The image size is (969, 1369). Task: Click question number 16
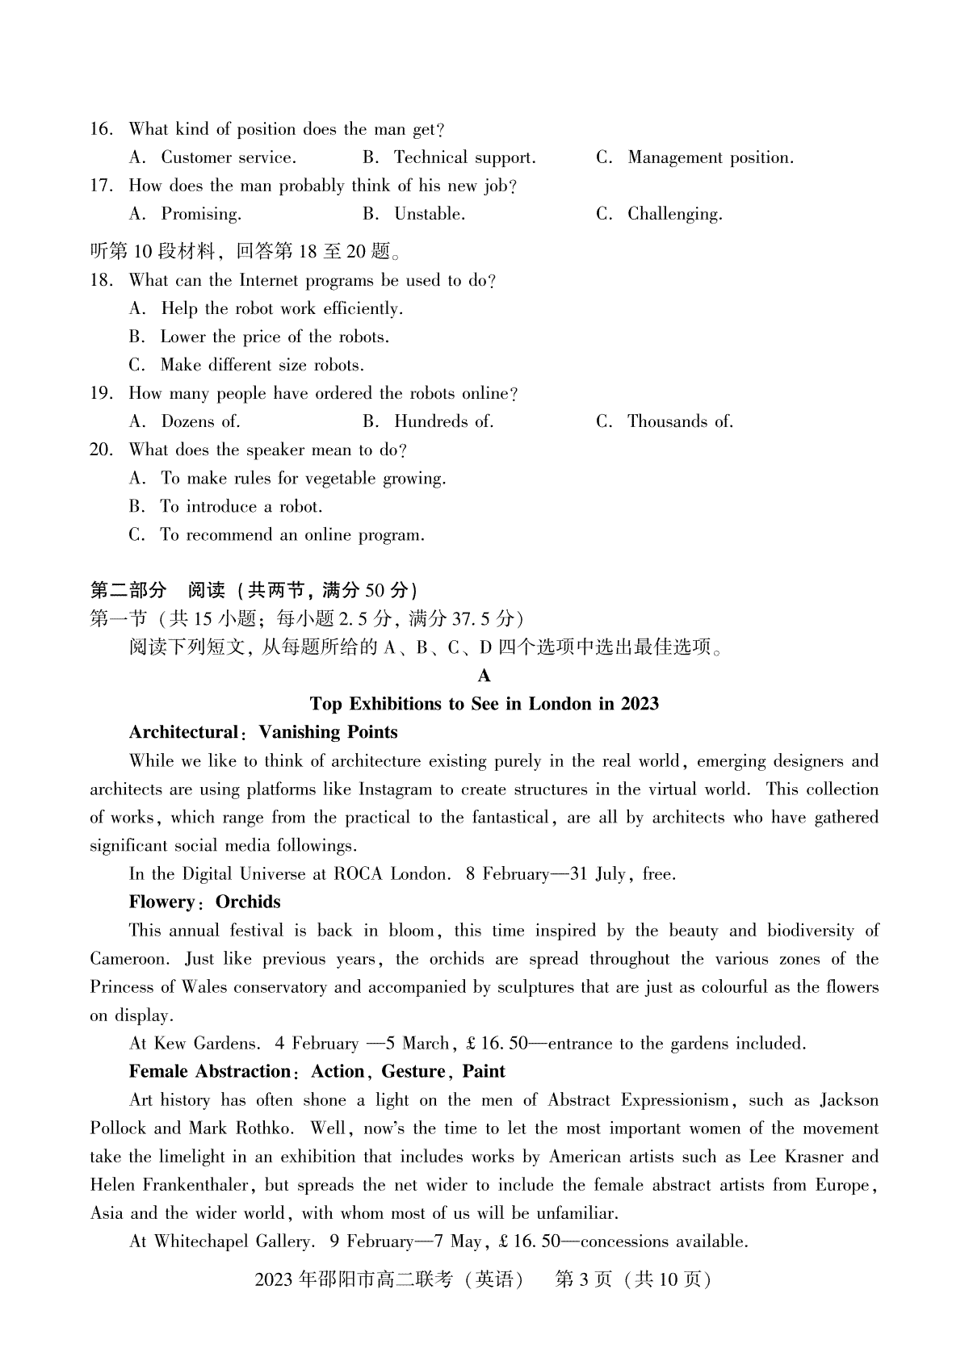[101, 129]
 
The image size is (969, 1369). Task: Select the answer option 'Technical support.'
[464, 157]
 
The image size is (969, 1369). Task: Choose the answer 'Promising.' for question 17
[201, 214]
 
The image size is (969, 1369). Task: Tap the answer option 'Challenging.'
[674, 214]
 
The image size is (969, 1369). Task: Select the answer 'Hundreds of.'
[443, 421]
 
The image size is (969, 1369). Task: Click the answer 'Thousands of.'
[680, 421]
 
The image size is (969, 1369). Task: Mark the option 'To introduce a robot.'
[241, 506]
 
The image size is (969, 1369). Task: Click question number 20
[101, 450]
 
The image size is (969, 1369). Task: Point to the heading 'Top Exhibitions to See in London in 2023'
[484, 704]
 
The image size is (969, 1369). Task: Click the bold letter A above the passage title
[484, 676]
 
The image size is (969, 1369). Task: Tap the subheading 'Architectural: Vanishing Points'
[263, 732]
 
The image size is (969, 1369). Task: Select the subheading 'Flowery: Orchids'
[204, 902]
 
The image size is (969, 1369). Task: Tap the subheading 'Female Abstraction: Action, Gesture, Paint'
[317, 1071]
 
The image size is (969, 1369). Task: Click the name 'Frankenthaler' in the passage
[202, 1185]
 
